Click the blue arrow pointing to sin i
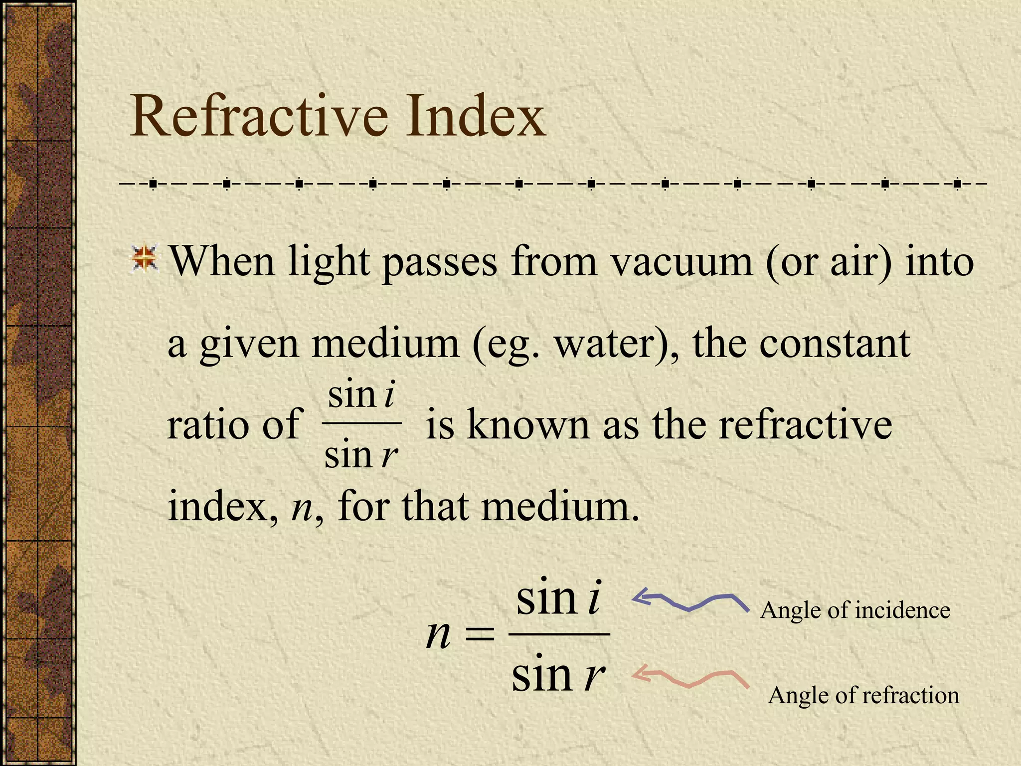tap(690, 601)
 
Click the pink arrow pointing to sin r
tap(690, 678)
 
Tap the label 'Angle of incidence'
tap(855, 610)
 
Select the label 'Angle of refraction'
tap(863, 695)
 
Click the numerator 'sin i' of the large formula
tap(559, 597)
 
